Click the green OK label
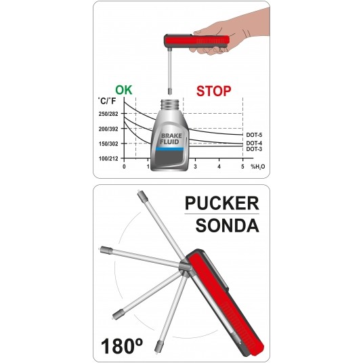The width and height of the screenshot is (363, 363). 124,90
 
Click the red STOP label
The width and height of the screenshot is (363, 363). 214,91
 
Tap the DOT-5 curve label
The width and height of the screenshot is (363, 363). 254,135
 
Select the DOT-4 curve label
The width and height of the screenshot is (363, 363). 254,143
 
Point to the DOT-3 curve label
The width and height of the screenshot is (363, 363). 254,149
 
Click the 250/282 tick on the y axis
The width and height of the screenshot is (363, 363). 108,114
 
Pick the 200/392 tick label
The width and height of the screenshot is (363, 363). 108,129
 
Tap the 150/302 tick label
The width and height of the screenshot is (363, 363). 108,144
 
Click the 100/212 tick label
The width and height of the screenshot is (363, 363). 108,158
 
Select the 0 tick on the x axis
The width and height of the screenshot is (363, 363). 124,167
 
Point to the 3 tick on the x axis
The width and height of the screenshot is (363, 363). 196,167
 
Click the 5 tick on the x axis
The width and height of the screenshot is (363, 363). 242,167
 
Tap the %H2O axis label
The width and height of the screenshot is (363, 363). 258,167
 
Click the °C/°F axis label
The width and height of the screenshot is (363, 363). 107,101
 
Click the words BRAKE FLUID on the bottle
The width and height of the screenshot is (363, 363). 171,139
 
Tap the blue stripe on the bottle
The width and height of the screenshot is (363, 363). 170,149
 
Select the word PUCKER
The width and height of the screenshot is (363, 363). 221,203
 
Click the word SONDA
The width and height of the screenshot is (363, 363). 228,226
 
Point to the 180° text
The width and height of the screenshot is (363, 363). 122,346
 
